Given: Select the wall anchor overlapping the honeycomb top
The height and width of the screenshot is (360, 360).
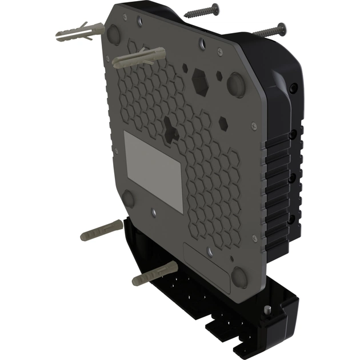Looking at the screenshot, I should [138, 59].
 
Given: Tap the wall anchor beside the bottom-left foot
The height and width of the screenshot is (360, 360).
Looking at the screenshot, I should [100, 233].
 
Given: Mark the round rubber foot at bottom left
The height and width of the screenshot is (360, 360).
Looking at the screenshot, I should [128, 199].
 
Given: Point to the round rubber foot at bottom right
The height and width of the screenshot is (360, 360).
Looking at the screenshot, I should [239, 277].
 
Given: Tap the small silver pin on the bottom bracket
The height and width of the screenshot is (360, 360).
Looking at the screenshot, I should [267, 310].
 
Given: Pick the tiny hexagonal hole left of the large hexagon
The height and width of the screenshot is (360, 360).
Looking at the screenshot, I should [185, 67].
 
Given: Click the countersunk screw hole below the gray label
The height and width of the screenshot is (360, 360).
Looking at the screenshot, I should [154, 213].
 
